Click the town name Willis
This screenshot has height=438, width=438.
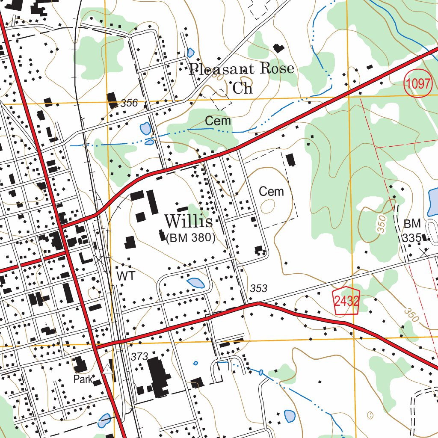(x=188, y=222)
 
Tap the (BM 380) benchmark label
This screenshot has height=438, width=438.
(x=190, y=238)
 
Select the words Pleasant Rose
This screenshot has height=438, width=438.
(x=242, y=68)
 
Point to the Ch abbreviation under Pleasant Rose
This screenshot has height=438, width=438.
(x=243, y=88)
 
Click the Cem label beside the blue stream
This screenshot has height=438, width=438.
(x=218, y=121)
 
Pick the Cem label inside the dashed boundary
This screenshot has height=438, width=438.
(x=271, y=191)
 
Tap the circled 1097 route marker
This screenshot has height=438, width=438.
(x=418, y=84)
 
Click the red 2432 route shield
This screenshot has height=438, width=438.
(x=346, y=301)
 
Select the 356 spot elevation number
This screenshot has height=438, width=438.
(x=129, y=103)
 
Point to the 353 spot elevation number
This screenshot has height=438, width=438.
(x=258, y=289)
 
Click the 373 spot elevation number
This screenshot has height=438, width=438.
(x=139, y=356)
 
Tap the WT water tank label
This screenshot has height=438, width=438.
(x=126, y=276)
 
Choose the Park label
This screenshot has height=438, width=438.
(x=83, y=379)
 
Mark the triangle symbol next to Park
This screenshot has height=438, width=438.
(x=107, y=368)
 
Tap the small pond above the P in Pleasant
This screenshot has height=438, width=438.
(x=190, y=53)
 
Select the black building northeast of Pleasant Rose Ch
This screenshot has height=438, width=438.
(x=279, y=48)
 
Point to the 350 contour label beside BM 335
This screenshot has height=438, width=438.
(x=382, y=224)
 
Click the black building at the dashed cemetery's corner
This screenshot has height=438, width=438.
(x=291, y=160)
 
